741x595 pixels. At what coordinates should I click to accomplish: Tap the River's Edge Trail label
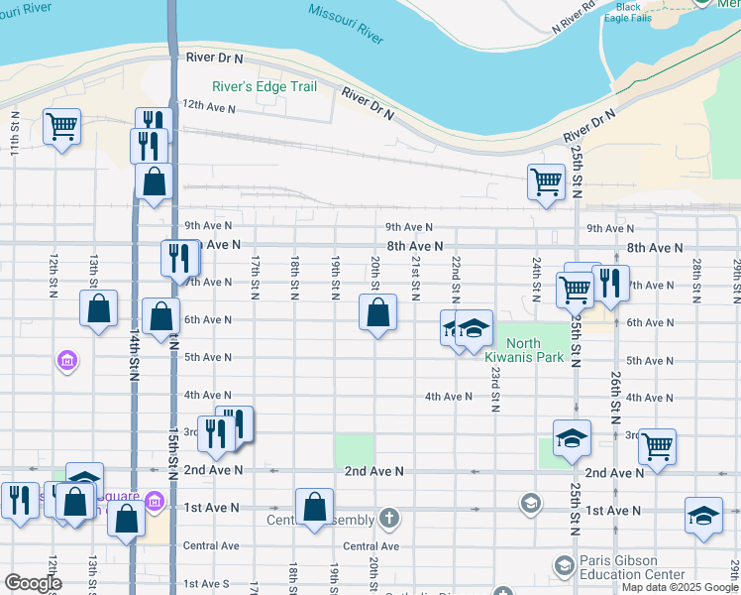pos(264,87)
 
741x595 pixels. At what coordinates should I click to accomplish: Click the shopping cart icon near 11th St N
pos(61,126)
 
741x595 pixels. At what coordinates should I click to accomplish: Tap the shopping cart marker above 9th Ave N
pos(546,181)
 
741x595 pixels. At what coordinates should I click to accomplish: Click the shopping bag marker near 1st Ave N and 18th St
pos(314,506)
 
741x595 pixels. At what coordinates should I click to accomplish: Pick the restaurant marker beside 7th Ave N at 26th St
pos(610,284)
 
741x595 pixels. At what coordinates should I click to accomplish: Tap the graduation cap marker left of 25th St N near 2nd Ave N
pos(570,438)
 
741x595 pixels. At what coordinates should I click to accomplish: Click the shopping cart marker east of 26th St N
pos(658,446)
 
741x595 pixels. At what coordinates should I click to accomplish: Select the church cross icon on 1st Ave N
pos(390,517)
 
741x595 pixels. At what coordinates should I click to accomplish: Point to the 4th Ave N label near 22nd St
pos(449,397)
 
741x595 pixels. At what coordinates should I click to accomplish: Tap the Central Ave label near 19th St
pos(370,546)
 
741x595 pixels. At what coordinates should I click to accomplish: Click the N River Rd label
pos(574,23)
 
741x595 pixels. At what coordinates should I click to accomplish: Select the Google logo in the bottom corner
pos(33,583)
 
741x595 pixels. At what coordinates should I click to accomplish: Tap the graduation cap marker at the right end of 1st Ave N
pos(703,515)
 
